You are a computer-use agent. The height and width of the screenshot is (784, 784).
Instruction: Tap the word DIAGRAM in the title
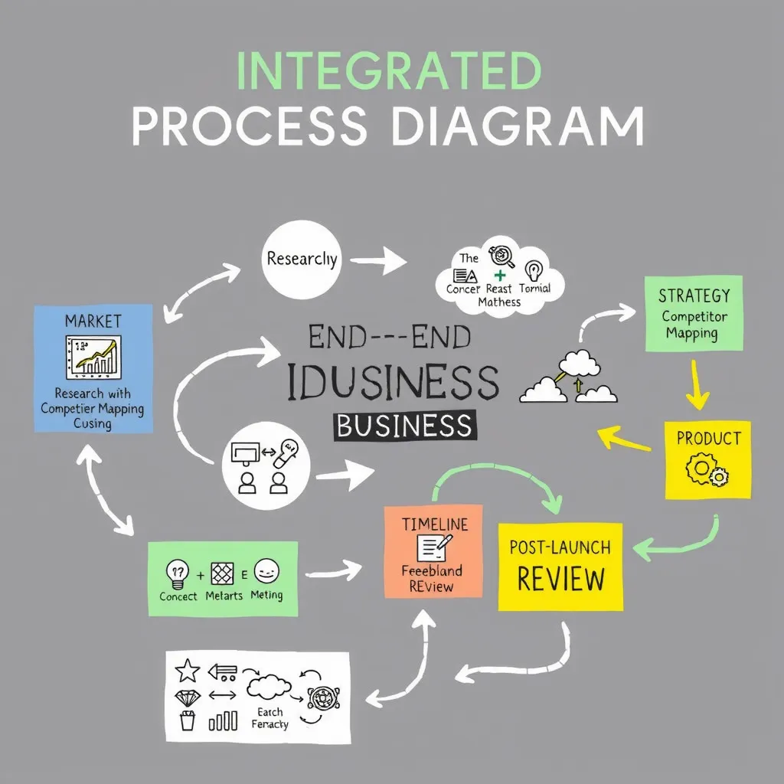[x=521, y=125]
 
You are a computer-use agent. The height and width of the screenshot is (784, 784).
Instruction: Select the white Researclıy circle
[x=301, y=260]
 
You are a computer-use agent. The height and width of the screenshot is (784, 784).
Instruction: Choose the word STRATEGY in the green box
[x=694, y=295]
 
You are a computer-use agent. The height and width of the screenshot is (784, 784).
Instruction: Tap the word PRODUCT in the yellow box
[x=708, y=439]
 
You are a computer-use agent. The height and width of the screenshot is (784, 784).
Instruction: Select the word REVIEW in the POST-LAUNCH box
[x=560, y=578]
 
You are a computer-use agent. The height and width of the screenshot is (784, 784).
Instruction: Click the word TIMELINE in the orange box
[x=435, y=524]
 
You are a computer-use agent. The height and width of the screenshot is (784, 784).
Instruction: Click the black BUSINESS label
[x=404, y=426]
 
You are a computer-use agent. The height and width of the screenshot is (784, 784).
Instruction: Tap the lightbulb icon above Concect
[x=178, y=571]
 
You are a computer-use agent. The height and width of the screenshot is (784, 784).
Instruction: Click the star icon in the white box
[x=188, y=671]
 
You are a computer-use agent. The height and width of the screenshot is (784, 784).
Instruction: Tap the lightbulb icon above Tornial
[x=534, y=270]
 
